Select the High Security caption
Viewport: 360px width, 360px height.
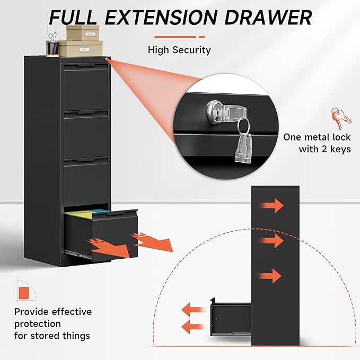(179, 50)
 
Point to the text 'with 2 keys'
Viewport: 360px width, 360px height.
(324, 149)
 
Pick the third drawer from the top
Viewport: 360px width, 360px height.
(85, 180)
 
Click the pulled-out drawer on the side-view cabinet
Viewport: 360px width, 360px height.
(232, 318)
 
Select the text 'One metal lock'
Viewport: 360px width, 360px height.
(317, 137)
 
